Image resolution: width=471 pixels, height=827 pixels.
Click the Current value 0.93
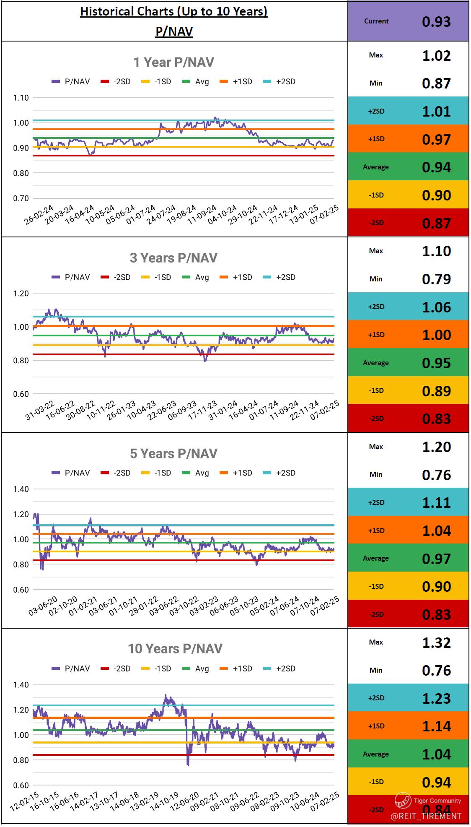click(x=436, y=21)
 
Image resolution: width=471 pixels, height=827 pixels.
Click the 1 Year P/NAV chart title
click(x=173, y=62)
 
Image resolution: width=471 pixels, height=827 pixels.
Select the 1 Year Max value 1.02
click(x=436, y=56)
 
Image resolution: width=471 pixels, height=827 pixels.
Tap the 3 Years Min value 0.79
click(x=436, y=279)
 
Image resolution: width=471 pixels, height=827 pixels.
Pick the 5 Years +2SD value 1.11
click(x=436, y=502)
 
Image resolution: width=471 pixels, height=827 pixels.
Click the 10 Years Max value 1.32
click(x=436, y=642)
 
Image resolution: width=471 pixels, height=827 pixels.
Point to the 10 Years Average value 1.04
click(x=436, y=754)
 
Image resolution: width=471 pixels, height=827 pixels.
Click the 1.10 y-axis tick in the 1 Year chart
click(x=21, y=98)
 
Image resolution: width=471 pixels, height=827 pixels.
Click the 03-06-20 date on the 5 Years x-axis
click(x=43, y=606)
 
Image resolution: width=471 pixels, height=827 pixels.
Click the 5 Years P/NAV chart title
click(x=173, y=453)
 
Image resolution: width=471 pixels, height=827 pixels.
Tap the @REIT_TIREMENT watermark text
click(x=426, y=816)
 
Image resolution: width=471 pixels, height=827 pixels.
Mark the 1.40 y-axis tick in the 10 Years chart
click(x=21, y=685)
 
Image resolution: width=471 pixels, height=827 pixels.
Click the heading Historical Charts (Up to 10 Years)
click(x=173, y=11)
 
